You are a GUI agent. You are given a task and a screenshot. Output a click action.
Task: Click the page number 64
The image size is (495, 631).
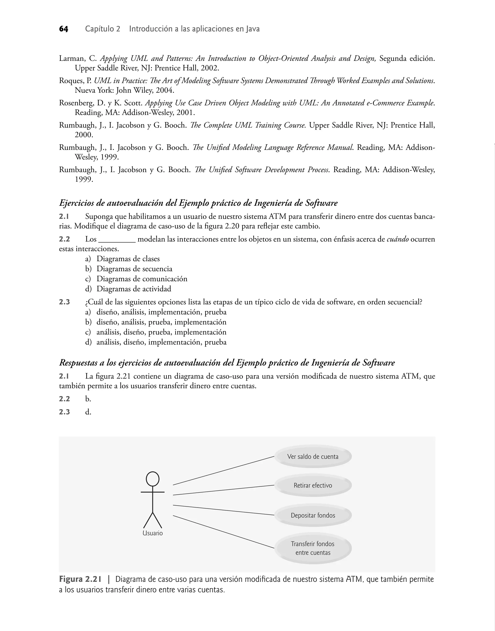click(x=64, y=29)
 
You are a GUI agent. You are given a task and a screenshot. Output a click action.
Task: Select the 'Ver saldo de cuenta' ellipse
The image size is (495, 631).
click(x=313, y=457)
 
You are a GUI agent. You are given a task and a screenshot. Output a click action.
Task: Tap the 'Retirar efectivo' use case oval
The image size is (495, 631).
click(x=313, y=485)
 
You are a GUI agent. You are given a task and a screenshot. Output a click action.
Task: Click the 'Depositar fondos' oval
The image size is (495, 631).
click(x=313, y=515)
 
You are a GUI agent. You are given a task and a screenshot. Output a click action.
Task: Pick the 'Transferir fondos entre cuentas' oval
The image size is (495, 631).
click(x=313, y=548)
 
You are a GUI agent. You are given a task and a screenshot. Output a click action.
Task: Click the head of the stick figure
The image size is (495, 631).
click(x=153, y=479)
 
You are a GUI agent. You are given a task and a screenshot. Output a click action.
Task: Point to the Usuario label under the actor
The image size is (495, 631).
click(x=153, y=533)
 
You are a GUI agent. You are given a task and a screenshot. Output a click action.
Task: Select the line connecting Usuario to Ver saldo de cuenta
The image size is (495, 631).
click(x=223, y=471)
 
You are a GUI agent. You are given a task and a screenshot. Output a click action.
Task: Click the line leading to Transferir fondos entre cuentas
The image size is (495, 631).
click(x=223, y=532)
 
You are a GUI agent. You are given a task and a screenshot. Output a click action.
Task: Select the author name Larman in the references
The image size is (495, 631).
click(x=72, y=58)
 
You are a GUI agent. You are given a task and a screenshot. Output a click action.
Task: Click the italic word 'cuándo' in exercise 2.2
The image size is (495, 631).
click(x=398, y=239)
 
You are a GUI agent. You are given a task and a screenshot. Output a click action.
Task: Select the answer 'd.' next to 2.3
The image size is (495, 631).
click(x=88, y=412)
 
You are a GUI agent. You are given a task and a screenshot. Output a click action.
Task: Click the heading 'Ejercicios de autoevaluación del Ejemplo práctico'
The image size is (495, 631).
click(x=198, y=203)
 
